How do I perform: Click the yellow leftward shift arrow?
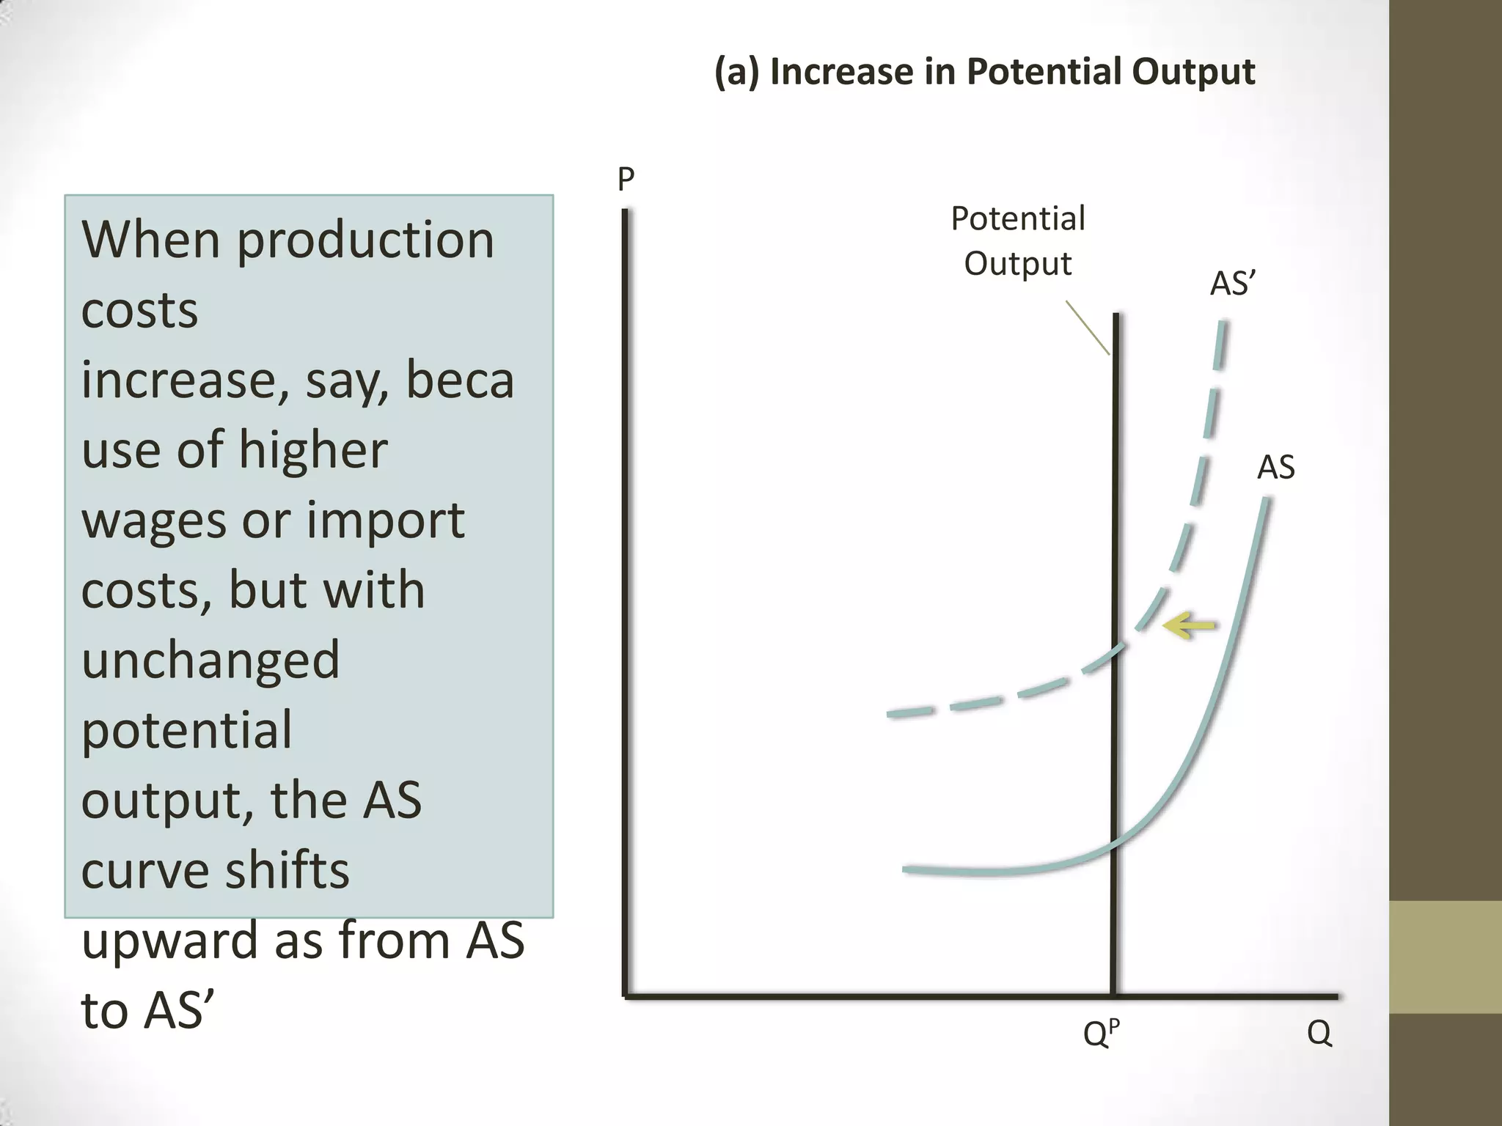point(1190,625)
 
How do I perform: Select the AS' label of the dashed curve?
point(1233,284)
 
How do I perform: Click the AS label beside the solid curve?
point(1275,467)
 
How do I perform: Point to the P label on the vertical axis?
point(626,179)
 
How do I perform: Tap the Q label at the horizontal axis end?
point(1319,1033)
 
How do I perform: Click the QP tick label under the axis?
point(1101,1033)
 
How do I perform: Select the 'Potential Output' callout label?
point(1018,240)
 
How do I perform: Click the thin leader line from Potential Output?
point(1088,328)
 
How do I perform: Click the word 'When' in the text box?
point(150,240)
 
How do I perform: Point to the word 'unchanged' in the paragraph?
point(210,660)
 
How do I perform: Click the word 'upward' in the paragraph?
point(170,941)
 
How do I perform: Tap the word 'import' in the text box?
point(385,521)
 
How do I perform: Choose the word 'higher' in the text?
point(313,450)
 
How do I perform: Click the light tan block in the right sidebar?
point(1445,957)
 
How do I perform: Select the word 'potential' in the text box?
point(186,730)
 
